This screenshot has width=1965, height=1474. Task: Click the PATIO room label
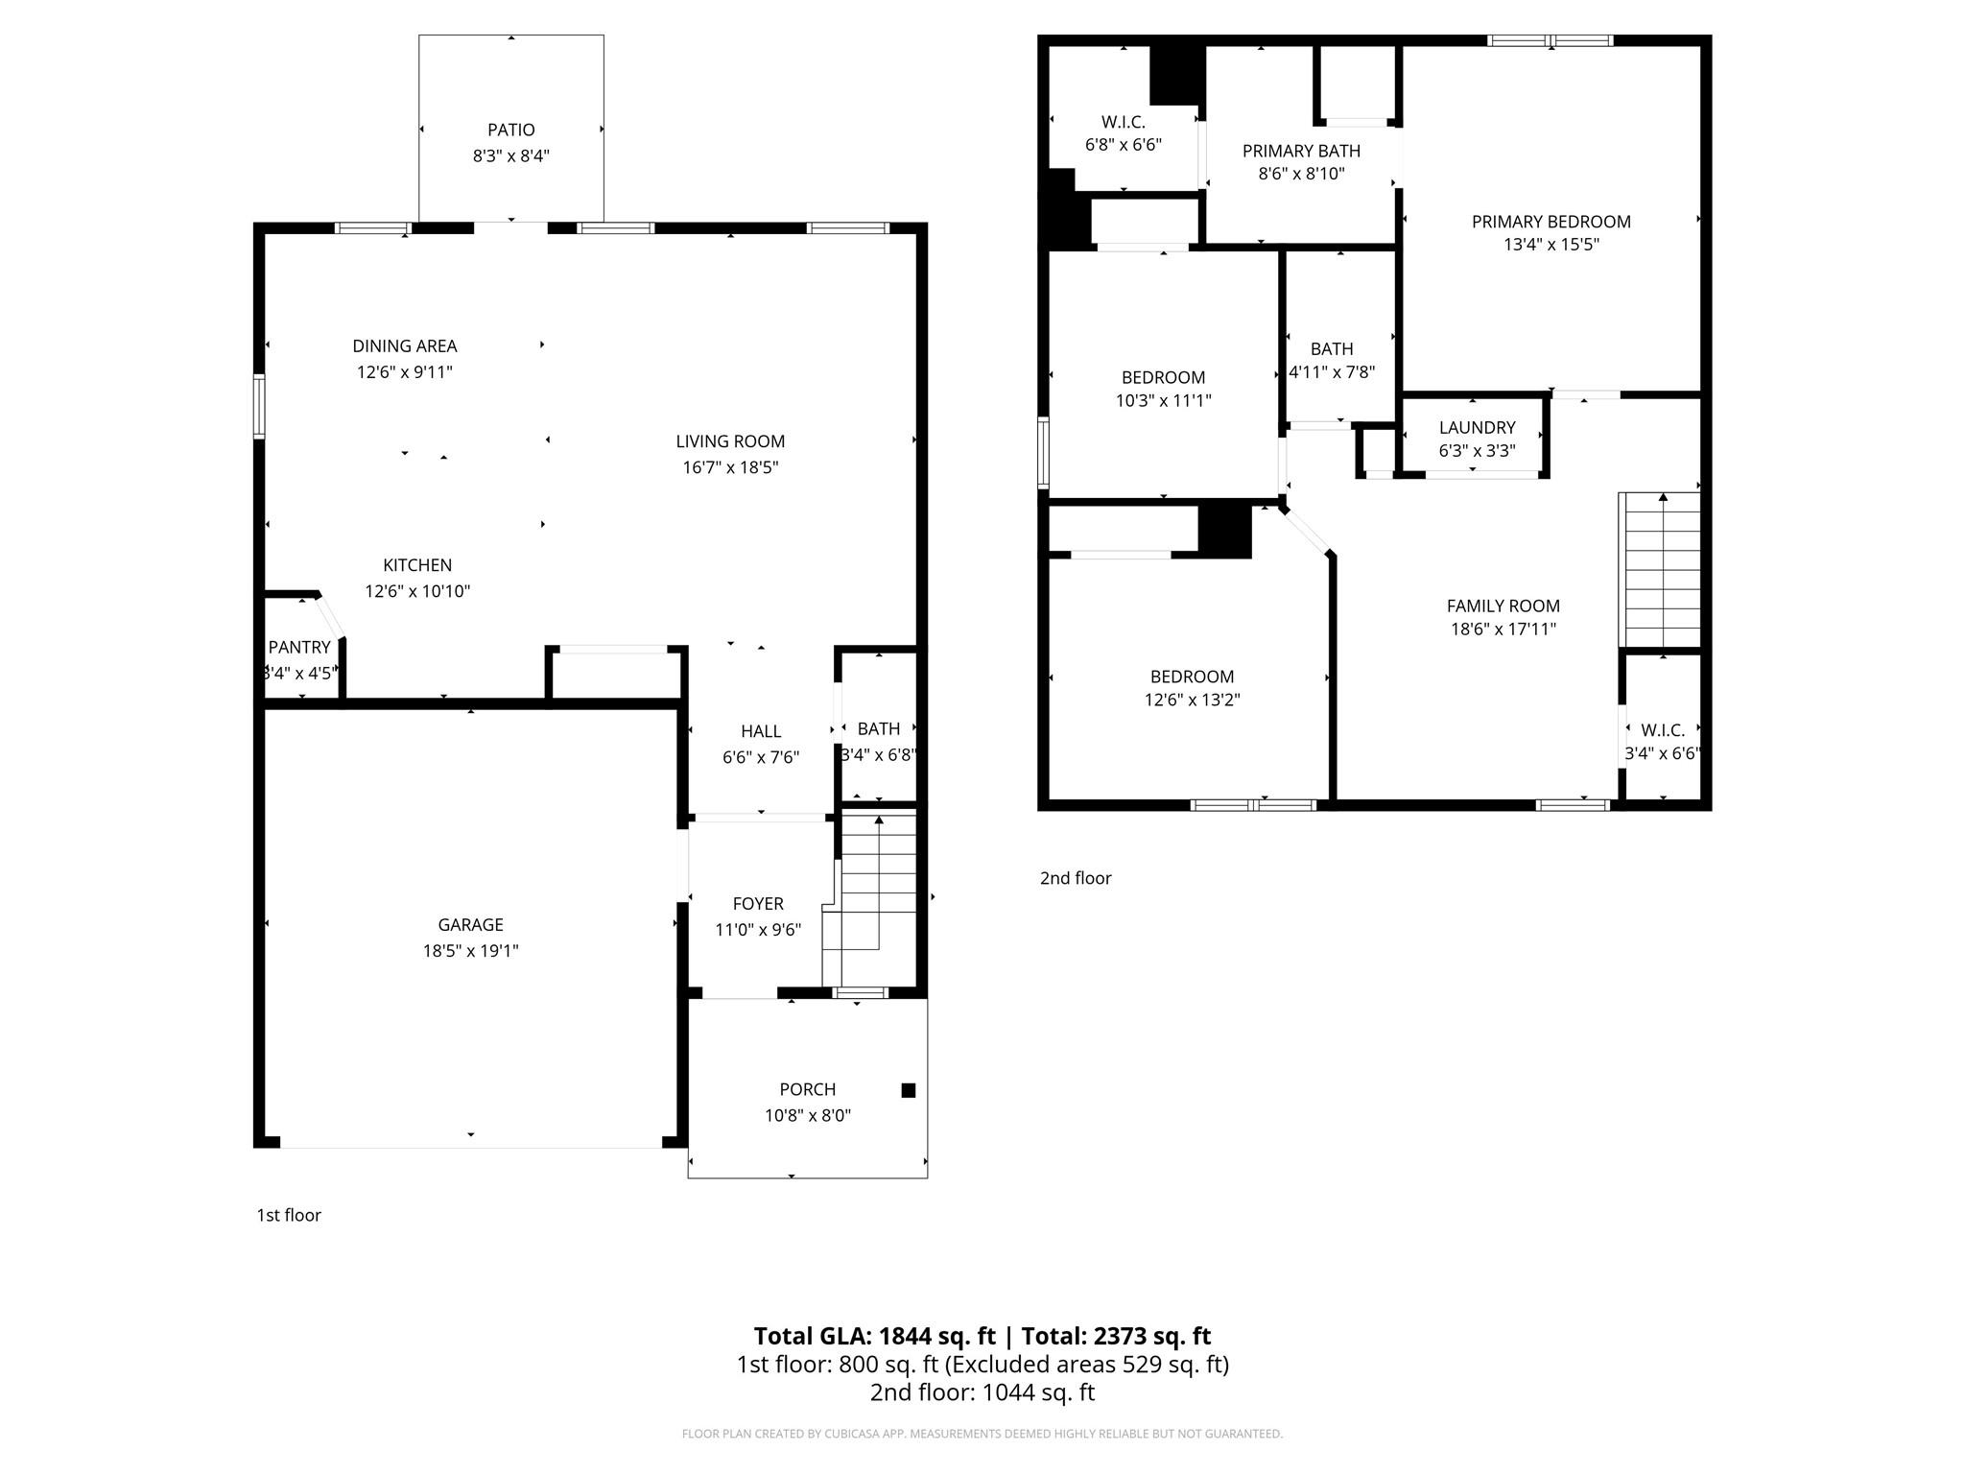[x=510, y=130]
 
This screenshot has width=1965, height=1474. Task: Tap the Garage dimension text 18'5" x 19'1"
[x=470, y=951]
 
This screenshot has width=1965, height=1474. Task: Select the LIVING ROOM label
[x=730, y=441]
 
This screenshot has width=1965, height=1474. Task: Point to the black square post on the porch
[x=909, y=1090]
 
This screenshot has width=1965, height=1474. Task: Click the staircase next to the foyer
[x=870, y=897]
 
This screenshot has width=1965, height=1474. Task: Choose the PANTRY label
[x=299, y=648]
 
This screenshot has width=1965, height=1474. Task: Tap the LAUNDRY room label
[x=1477, y=428]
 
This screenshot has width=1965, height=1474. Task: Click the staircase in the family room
[x=1660, y=570]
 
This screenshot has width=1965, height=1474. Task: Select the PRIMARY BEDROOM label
[x=1551, y=222]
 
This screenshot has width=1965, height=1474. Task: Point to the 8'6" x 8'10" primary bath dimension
[x=1301, y=174]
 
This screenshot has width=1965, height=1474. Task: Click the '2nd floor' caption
[x=1076, y=878]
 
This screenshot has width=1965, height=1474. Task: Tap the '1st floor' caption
[x=289, y=1215]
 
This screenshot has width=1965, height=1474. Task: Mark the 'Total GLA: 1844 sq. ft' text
[x=875, y=1336]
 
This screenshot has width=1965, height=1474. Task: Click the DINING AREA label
[x=405, y=346]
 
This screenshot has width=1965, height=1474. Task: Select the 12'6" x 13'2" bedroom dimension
[x=1192, y=701]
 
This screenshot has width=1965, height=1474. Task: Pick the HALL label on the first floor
[x=761, y=732]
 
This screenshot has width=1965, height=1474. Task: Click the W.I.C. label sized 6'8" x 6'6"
[x=1124, y=122]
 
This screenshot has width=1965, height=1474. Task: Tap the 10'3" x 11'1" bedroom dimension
[x=1163, y=401]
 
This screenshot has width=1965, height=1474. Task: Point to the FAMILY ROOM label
[x=1503, y=606]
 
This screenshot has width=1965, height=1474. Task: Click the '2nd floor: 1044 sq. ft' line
[x=982, y=1392]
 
